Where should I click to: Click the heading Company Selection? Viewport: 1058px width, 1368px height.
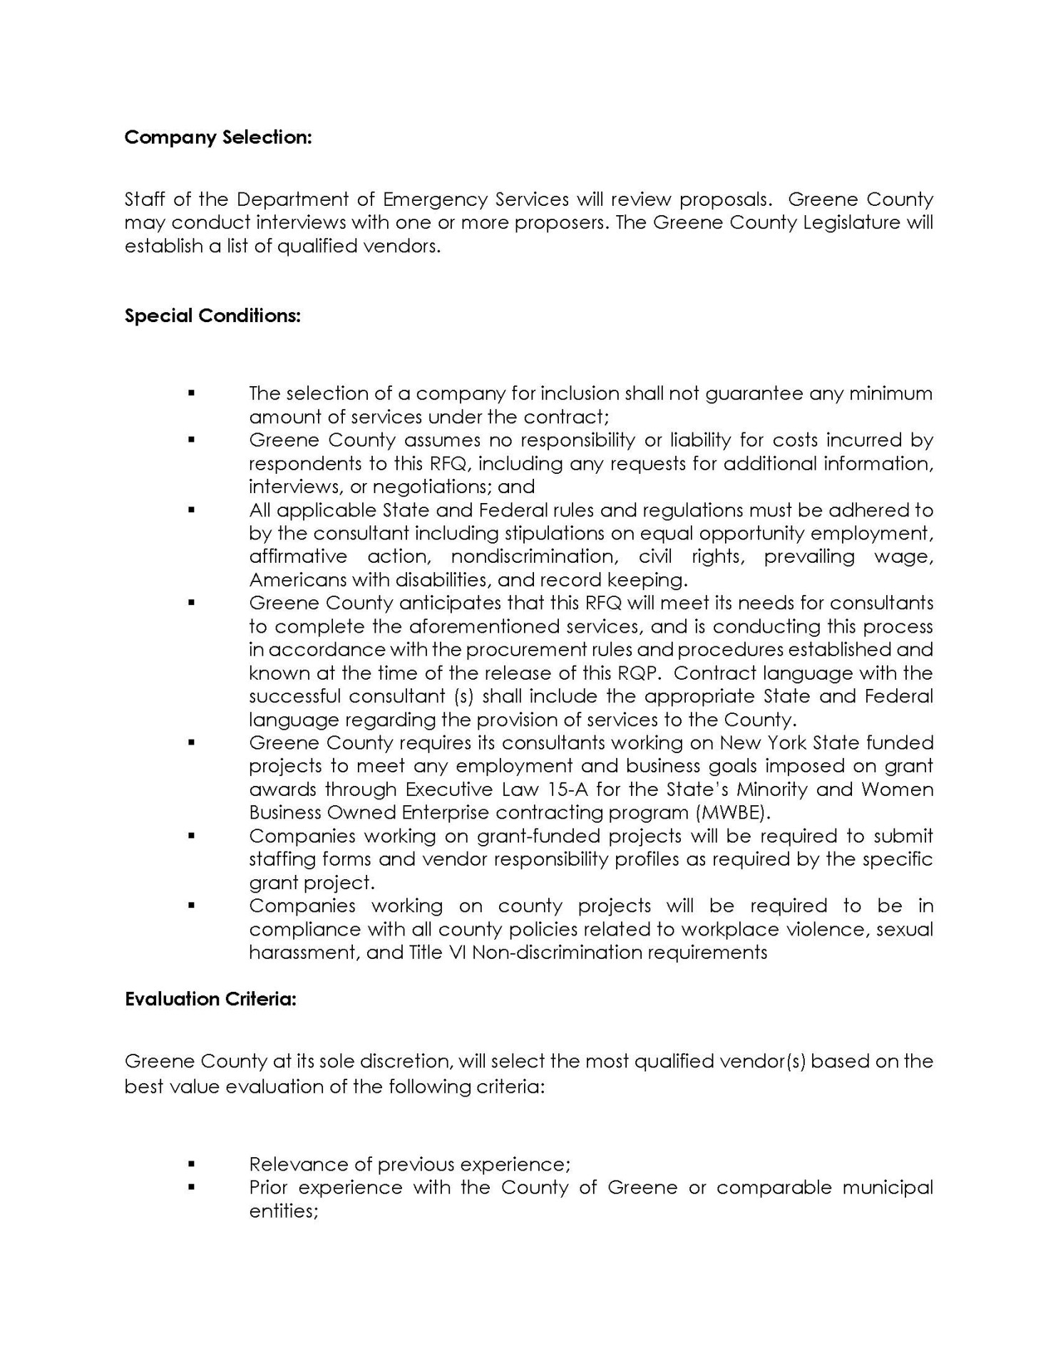218,138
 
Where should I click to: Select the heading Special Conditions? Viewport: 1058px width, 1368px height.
212,316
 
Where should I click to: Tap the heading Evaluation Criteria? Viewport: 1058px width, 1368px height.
210,999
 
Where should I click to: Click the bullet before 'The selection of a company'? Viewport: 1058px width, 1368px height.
191,393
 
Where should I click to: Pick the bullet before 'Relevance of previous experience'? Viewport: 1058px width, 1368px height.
191,1164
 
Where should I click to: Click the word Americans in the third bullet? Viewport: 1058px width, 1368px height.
298,580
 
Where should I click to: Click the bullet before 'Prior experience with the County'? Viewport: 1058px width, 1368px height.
191,1188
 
